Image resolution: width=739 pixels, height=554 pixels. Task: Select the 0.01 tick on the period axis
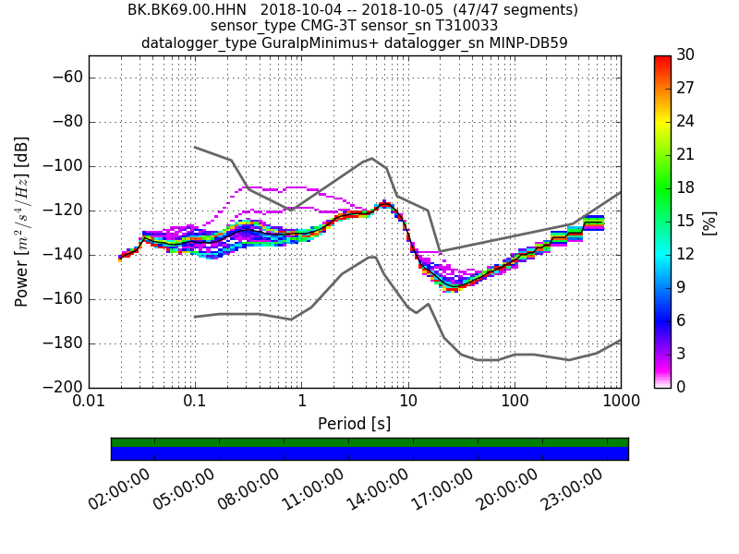(x=89, y=403)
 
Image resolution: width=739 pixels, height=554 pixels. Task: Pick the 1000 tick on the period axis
(x=620, y=403)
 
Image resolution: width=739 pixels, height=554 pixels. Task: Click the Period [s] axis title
(x=354, y=424)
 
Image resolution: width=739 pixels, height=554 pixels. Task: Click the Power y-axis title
(x=22, y=222)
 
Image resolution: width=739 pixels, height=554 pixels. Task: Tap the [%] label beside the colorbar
(x=709, y=222)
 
